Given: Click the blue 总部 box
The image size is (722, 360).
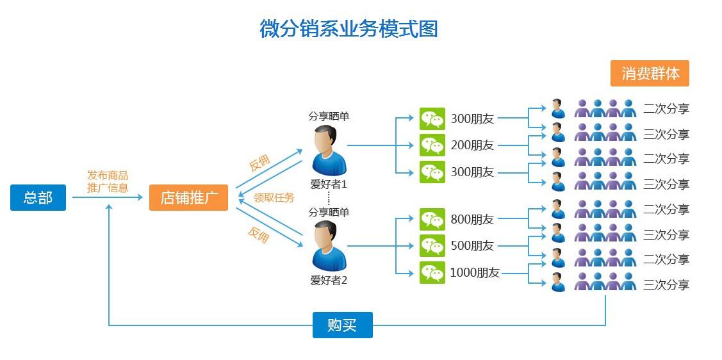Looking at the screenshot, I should tap(38, 198).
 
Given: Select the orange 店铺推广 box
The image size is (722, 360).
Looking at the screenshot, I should tap(188, 198).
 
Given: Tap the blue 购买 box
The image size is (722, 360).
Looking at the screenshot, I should tap(342, 325).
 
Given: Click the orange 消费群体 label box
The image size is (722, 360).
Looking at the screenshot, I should tap(650, 74).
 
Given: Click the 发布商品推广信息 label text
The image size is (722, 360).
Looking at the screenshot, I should tap(108, 182).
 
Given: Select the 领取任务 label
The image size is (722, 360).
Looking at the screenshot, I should tap(274, 198).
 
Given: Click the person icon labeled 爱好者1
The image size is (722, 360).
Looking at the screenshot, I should tap(329, 150).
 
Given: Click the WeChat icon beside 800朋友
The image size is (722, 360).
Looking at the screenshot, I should tap(432, 220).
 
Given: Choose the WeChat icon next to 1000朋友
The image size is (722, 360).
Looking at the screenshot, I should tap(432, 272).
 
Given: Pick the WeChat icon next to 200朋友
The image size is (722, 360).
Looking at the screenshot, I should tap(432, 145).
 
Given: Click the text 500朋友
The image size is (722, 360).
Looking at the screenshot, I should tap(472, 246).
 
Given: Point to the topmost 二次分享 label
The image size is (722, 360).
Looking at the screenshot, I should tap(666, 109).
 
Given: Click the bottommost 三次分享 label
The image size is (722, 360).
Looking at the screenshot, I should tap(666, 285).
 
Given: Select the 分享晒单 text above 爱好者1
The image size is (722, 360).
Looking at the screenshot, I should tap(329, 117).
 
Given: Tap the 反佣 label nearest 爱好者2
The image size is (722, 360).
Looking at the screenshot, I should tap(258, 235).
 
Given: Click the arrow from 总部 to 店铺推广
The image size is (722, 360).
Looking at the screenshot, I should tap(107, 197).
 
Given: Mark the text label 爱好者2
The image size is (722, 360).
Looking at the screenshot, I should tap(329, 280).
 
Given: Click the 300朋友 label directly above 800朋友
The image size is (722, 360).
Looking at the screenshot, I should tap(472, 172).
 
